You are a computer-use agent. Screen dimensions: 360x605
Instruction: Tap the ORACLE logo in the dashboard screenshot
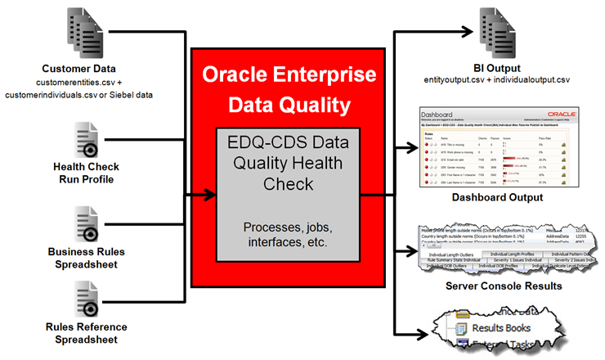(x=566, y=116)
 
